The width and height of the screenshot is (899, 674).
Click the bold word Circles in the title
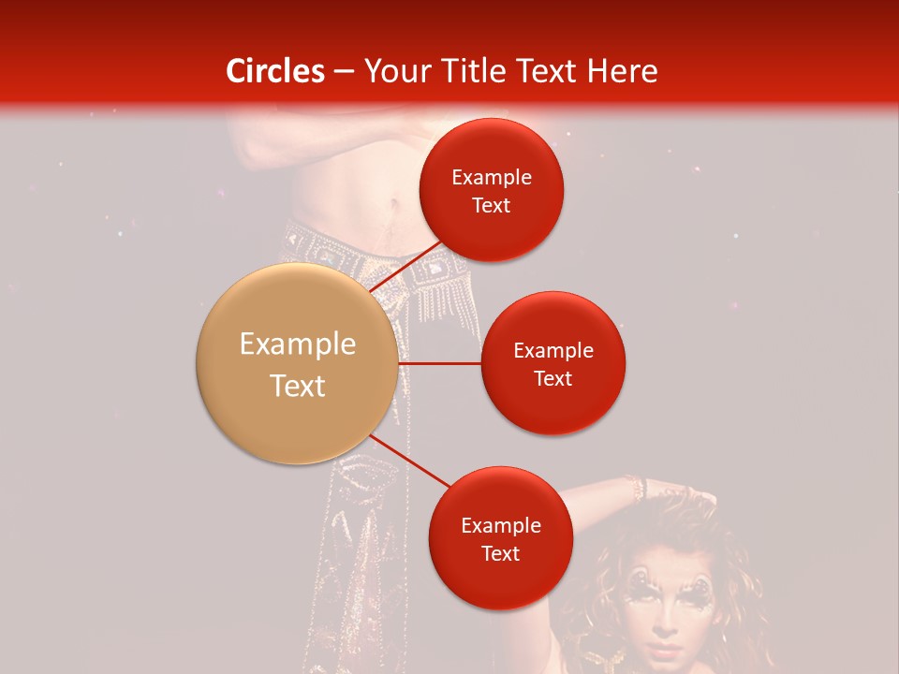[275, 71]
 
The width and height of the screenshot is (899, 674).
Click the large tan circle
[298, 363]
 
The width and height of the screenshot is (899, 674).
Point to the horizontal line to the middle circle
[440, 363]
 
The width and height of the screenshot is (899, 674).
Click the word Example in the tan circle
[298, 344]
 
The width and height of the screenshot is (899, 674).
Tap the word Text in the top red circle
[492, 206]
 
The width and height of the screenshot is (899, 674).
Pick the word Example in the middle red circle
[553, 351]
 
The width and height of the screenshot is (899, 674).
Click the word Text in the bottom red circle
[500, 554]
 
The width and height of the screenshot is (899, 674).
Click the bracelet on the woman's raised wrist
[638, 488]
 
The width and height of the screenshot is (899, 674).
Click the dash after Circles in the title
[344, 71]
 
